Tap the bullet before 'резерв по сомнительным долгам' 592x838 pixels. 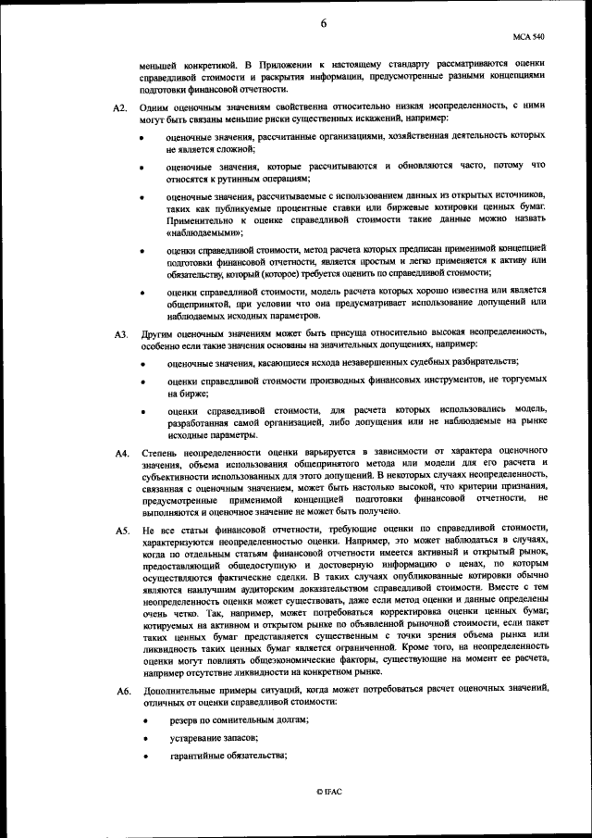tap(142, 720)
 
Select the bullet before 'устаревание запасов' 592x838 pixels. tap(142, 738)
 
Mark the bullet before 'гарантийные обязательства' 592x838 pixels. tap(142, 757)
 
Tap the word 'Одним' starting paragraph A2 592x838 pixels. tap(157, 108)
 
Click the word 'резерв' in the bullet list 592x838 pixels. tap(183, 719)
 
